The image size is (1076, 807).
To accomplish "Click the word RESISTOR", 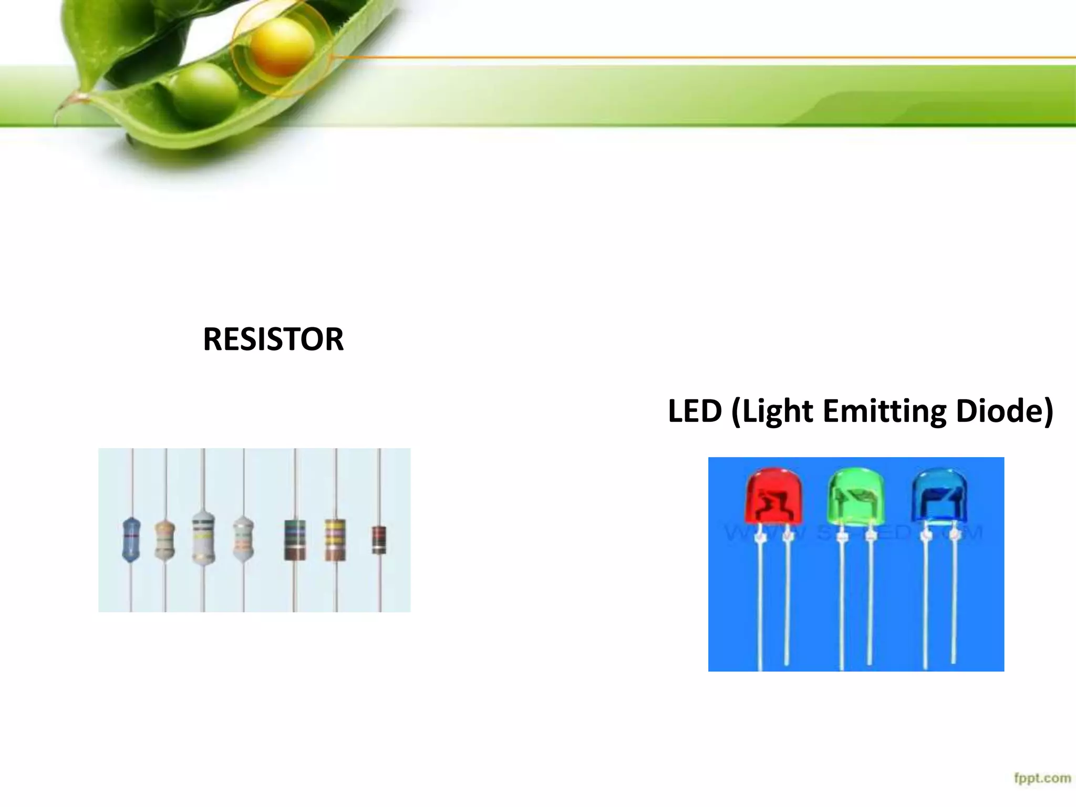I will pos(273,339).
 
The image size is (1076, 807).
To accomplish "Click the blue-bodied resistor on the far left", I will pos(131,540).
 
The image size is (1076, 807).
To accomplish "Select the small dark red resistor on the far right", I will pos(379,540).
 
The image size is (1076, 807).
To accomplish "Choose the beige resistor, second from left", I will pos(165,540).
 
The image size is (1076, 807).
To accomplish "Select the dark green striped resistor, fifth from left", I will pos(295,539).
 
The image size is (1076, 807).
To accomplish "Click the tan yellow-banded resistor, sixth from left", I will pos(335,539).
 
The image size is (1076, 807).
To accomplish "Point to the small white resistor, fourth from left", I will pos(243,539).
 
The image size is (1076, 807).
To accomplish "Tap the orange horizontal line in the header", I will pos(683,57).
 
